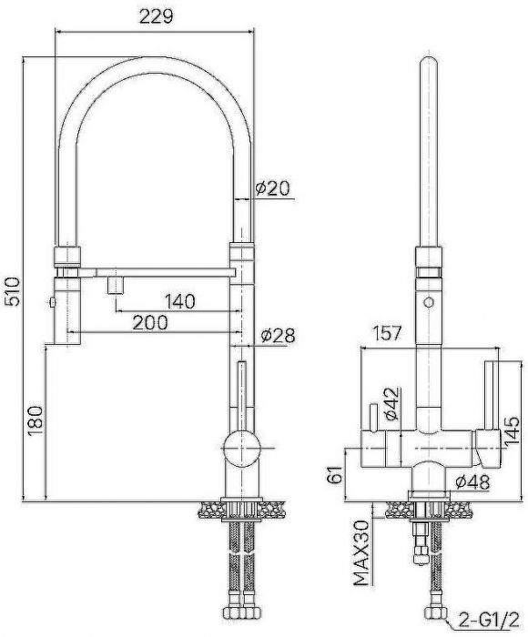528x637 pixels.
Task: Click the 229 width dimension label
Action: coord(157,16)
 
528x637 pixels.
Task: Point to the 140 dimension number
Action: coord(179,301)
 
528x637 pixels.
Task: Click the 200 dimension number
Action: coord(150,322)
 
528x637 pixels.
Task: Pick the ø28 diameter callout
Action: coord(278,336)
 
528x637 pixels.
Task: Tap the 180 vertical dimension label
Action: coord(36,420)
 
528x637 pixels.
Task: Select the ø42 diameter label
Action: coord(391,404)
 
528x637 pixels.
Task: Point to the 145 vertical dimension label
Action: coord(512,430)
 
